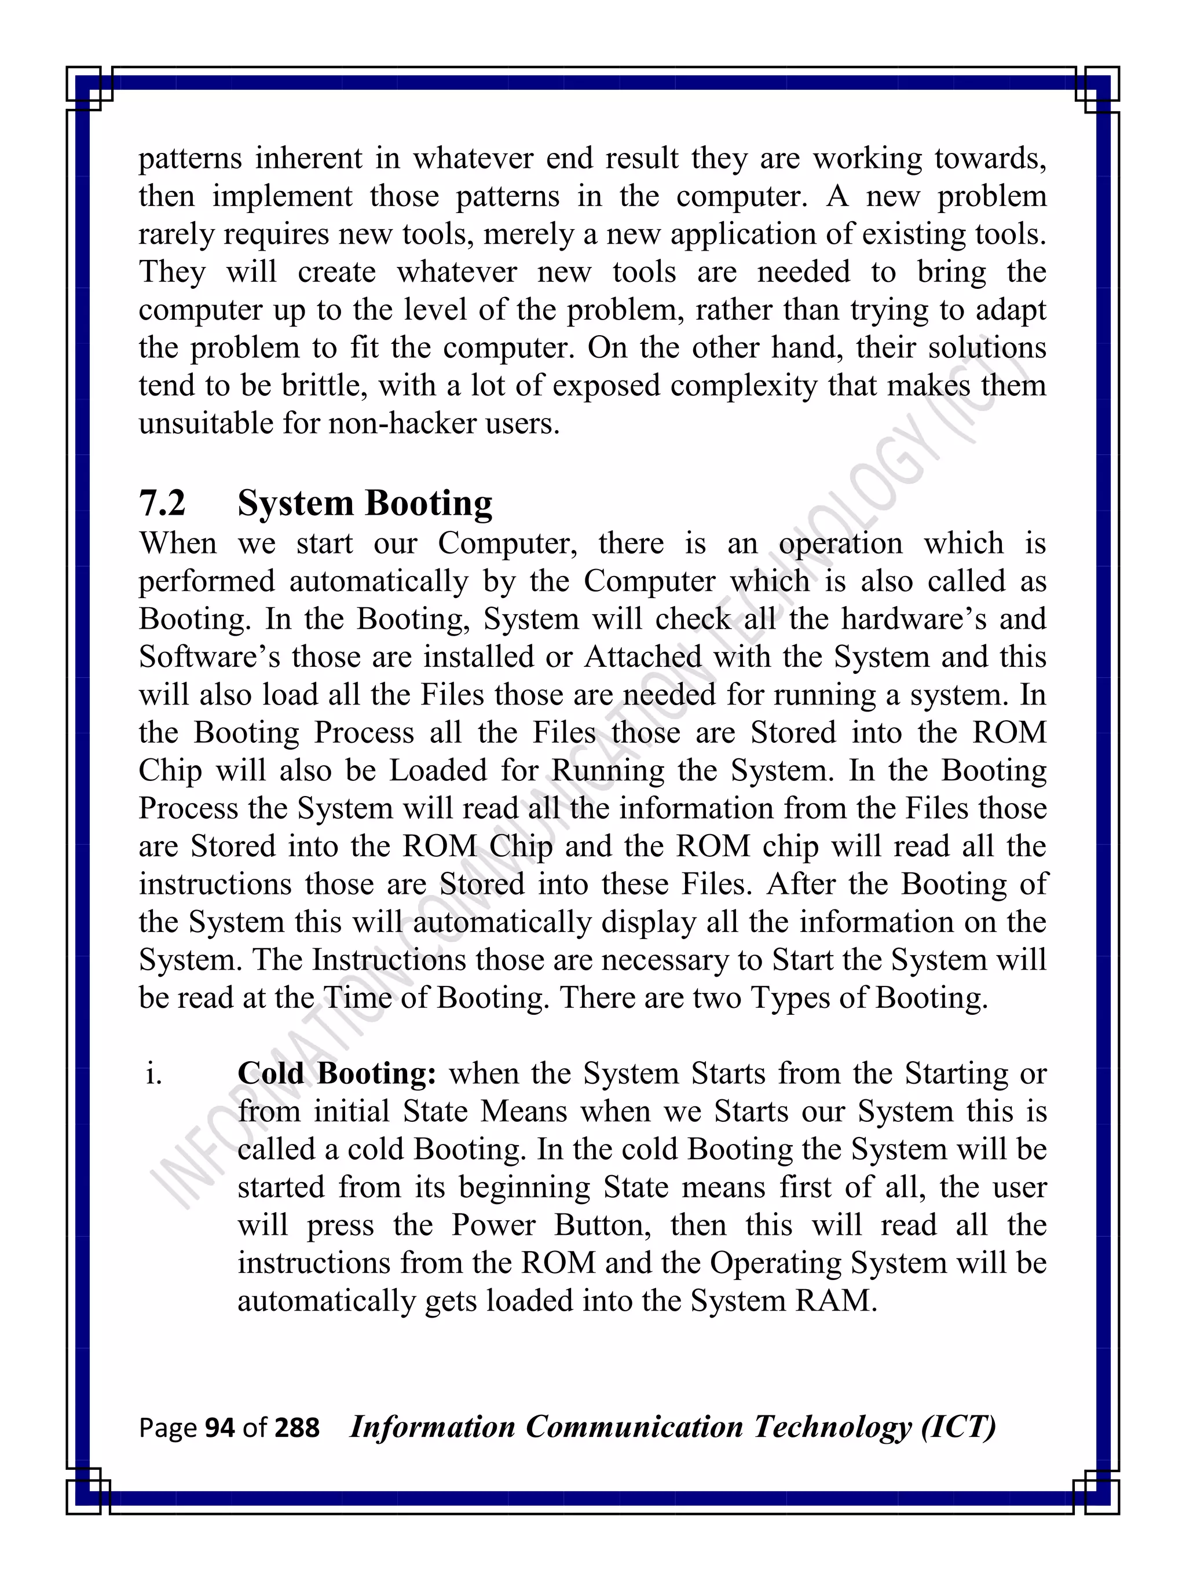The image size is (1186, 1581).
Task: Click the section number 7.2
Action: (162, 503)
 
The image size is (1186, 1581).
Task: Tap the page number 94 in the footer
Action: (219, 1428)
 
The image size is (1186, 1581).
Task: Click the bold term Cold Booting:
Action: (336, 1073)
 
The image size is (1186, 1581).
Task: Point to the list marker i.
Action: (153, 1073)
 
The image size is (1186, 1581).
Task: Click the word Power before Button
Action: (493, 1225)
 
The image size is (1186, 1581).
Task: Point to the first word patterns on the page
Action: (189, 159)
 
